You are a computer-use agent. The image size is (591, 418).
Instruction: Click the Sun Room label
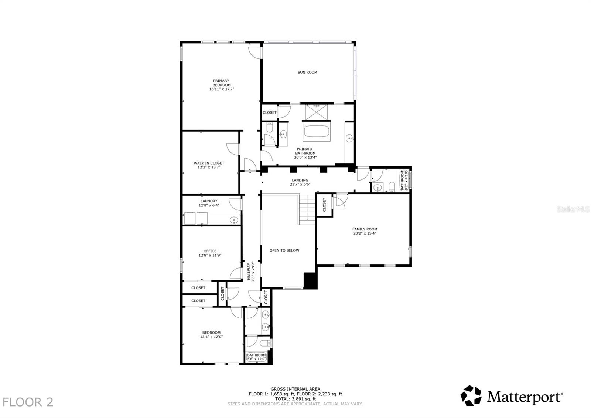pyautogui.click(x=307, y=72)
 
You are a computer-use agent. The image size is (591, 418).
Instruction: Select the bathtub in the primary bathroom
pyautogui.click(x=316, y=133)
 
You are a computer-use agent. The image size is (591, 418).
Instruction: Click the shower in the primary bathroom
pyautogui.click(x=316, y=111)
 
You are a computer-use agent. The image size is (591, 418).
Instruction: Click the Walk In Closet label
pyautogui.click(x=209, y=163)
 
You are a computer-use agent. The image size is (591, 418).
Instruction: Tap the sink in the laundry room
pyautogui.click(x=233, y=220)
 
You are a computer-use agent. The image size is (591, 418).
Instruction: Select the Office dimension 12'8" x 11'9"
pyautogui.click(x=210, y=255)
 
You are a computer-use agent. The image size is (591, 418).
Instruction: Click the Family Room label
pyautogui.click(x=365, y=229)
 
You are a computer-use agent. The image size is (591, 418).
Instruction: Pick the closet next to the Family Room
pyautogui.click(x=324, y=205)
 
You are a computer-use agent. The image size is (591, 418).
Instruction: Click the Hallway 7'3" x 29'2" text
pyautogui.click(x=251, y=272)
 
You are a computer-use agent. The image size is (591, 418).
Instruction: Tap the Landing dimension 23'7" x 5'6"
pyautogui.click(x=300, y=184)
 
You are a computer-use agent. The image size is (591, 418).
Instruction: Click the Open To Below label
pyautogui.click(x=284, y=250)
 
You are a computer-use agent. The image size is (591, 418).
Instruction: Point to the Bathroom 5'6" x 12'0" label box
pyautogui.click(x=256, y=357)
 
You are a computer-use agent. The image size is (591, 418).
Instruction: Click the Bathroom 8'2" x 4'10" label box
pyautogui.click(x=404, y=180)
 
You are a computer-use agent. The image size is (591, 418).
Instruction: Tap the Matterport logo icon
pyautogui.click(x=471, y=395)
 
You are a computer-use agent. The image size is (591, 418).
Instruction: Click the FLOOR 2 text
pyautogui.click(x=28, y=402)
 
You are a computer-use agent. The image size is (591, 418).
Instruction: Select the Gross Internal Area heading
pyautogui.click(x=295, y=389)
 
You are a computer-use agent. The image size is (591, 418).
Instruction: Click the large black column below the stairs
pyautogui.click(x=310, y=280)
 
